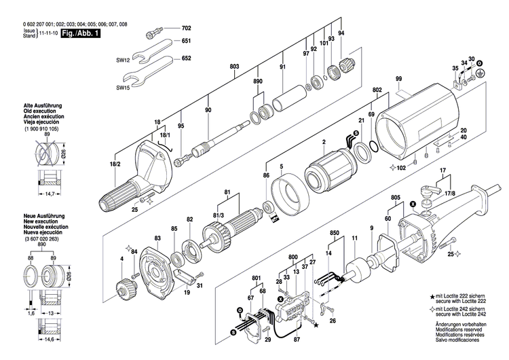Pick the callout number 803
[x=234, y=67]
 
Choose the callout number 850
[x=335, y=232]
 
